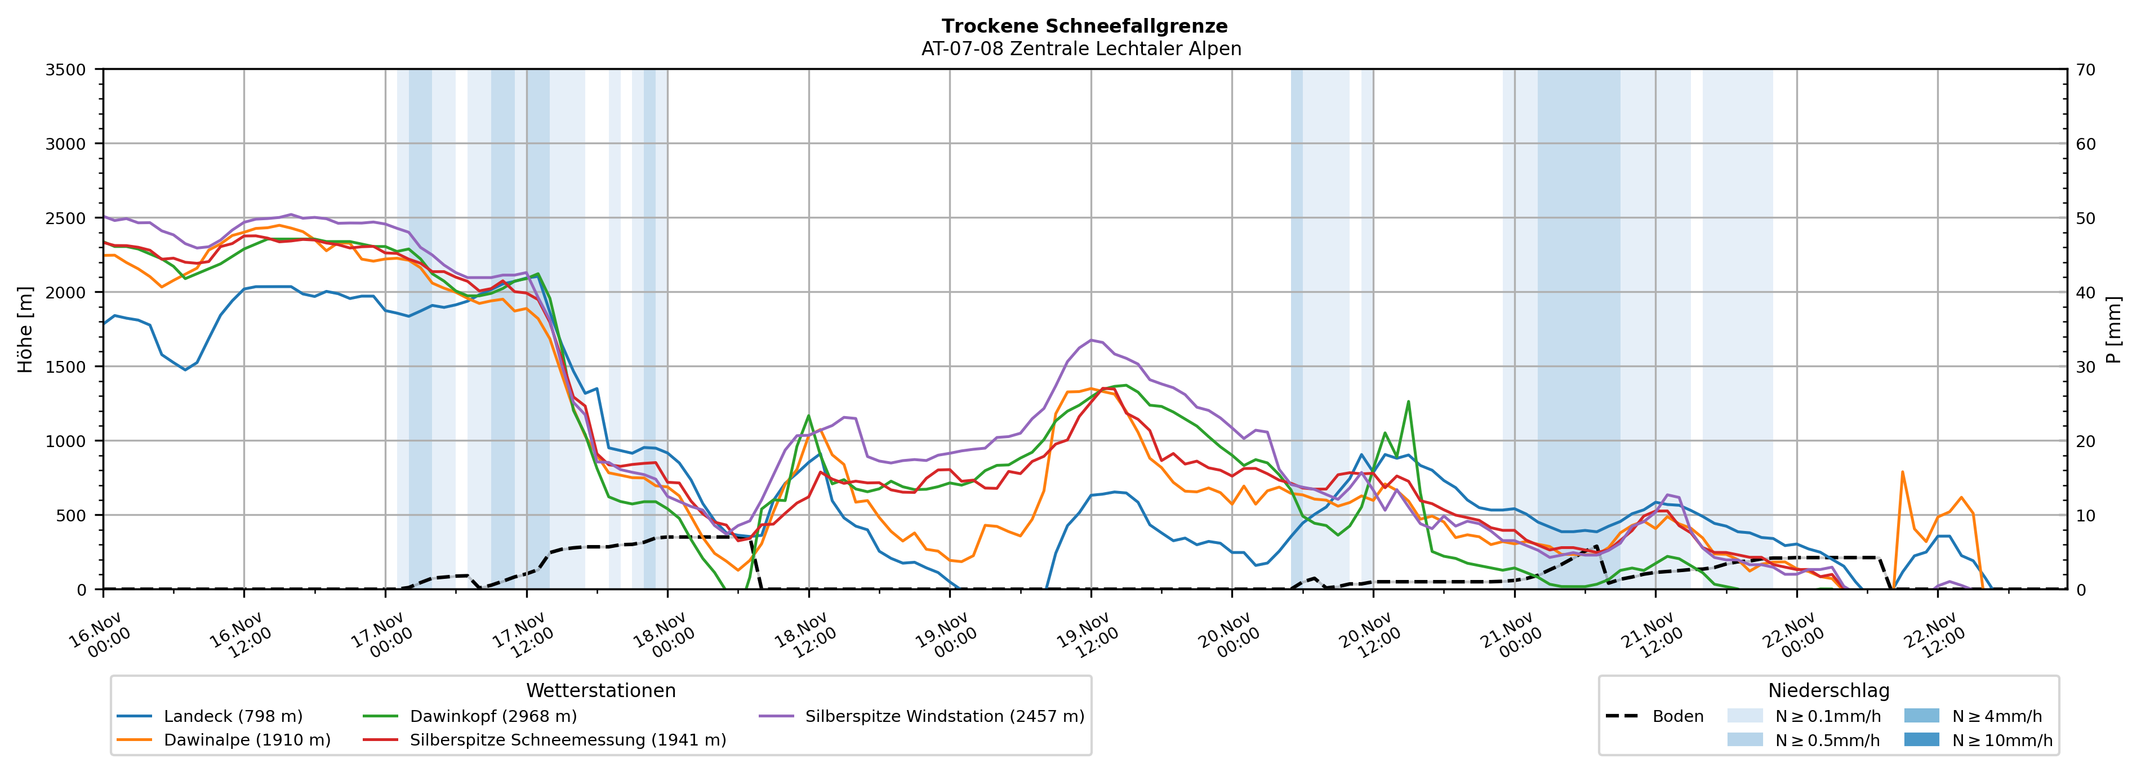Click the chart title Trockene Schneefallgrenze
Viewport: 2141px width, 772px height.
[1084, 26]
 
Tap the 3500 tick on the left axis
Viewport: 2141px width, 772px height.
[66, 70]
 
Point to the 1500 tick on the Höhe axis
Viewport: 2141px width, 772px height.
[66, 367]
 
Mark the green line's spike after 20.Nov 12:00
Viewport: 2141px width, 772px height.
[1408, 402]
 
